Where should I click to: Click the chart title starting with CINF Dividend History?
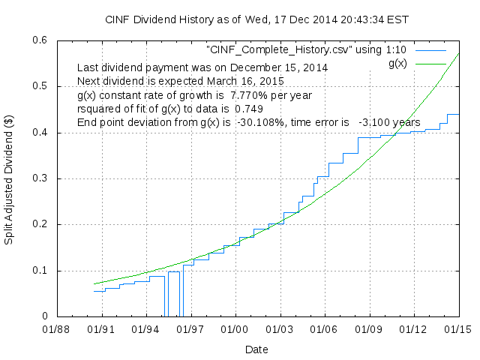tap(240, 19)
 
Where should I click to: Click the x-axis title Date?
tap(256, 349)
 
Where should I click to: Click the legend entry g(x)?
tap(397, 63)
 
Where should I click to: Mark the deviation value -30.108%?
tap(258, 122)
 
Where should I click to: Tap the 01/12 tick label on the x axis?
tap(413, 329)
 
